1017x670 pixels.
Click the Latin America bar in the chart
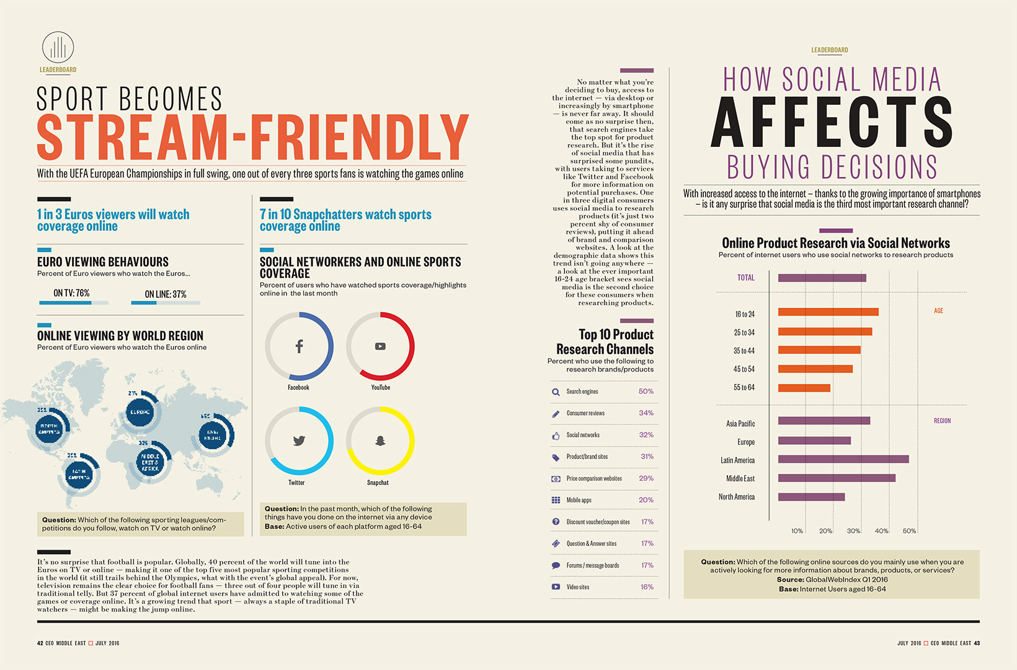(843, 460)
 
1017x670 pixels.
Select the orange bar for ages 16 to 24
(828, 312)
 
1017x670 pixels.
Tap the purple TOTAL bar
(822, 278)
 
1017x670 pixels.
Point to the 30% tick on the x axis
(853, 531)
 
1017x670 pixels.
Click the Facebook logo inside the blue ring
(299, 346)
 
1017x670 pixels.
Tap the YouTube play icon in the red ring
(380, 346)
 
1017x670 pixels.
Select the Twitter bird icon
(299, 441)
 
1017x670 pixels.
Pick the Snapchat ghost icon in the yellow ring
(380, 440)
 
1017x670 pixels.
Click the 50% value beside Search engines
(646, 391)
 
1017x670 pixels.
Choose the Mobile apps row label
(579, 500)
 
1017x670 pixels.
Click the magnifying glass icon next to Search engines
(556, 392)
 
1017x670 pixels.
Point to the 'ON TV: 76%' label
(71, 293)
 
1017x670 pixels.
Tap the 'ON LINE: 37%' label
(166, 294)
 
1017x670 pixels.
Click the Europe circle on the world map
(140, 412)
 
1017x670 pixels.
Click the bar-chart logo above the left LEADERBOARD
(58, 48)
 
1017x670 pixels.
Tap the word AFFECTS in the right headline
(831, 122)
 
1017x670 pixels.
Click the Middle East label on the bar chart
(740, 478)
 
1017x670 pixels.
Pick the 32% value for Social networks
(646, 435)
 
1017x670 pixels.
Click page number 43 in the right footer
(977, 643)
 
